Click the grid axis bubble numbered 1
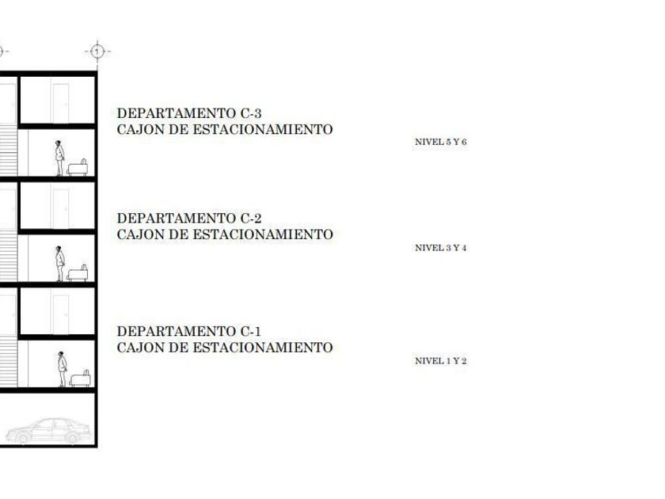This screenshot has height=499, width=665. coord(97,51)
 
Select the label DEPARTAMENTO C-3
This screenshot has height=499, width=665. coord(189,113)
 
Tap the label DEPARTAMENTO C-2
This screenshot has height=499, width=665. coord(189,218)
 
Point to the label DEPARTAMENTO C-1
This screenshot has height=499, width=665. coord(189,331)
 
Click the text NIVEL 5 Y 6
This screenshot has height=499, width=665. coord(441,142)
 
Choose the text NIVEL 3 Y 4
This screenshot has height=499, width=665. coord(441,248)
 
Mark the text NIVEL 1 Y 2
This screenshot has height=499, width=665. coord(441,361)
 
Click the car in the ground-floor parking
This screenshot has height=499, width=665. coord(48,431)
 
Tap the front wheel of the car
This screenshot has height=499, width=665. coord(22,437)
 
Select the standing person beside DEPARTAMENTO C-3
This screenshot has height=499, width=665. coord(59,158)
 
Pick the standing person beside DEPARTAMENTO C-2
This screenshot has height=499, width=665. coord(60,264)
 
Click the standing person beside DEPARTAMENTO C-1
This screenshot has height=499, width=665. coord(62,369)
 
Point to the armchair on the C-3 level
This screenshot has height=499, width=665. coord(78,168)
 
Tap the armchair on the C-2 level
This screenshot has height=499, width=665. coord(78,273)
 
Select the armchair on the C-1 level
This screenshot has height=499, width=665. coord(80,379)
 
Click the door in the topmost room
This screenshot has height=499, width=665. coord(61,103)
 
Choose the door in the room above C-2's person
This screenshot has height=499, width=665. coord(61,209)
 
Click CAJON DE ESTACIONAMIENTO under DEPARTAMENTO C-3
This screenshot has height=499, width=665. coord(225,129)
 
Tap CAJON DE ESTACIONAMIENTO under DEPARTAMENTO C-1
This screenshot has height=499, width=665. coord(225,348)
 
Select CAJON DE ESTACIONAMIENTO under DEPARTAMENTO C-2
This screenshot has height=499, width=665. coord(225,234)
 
